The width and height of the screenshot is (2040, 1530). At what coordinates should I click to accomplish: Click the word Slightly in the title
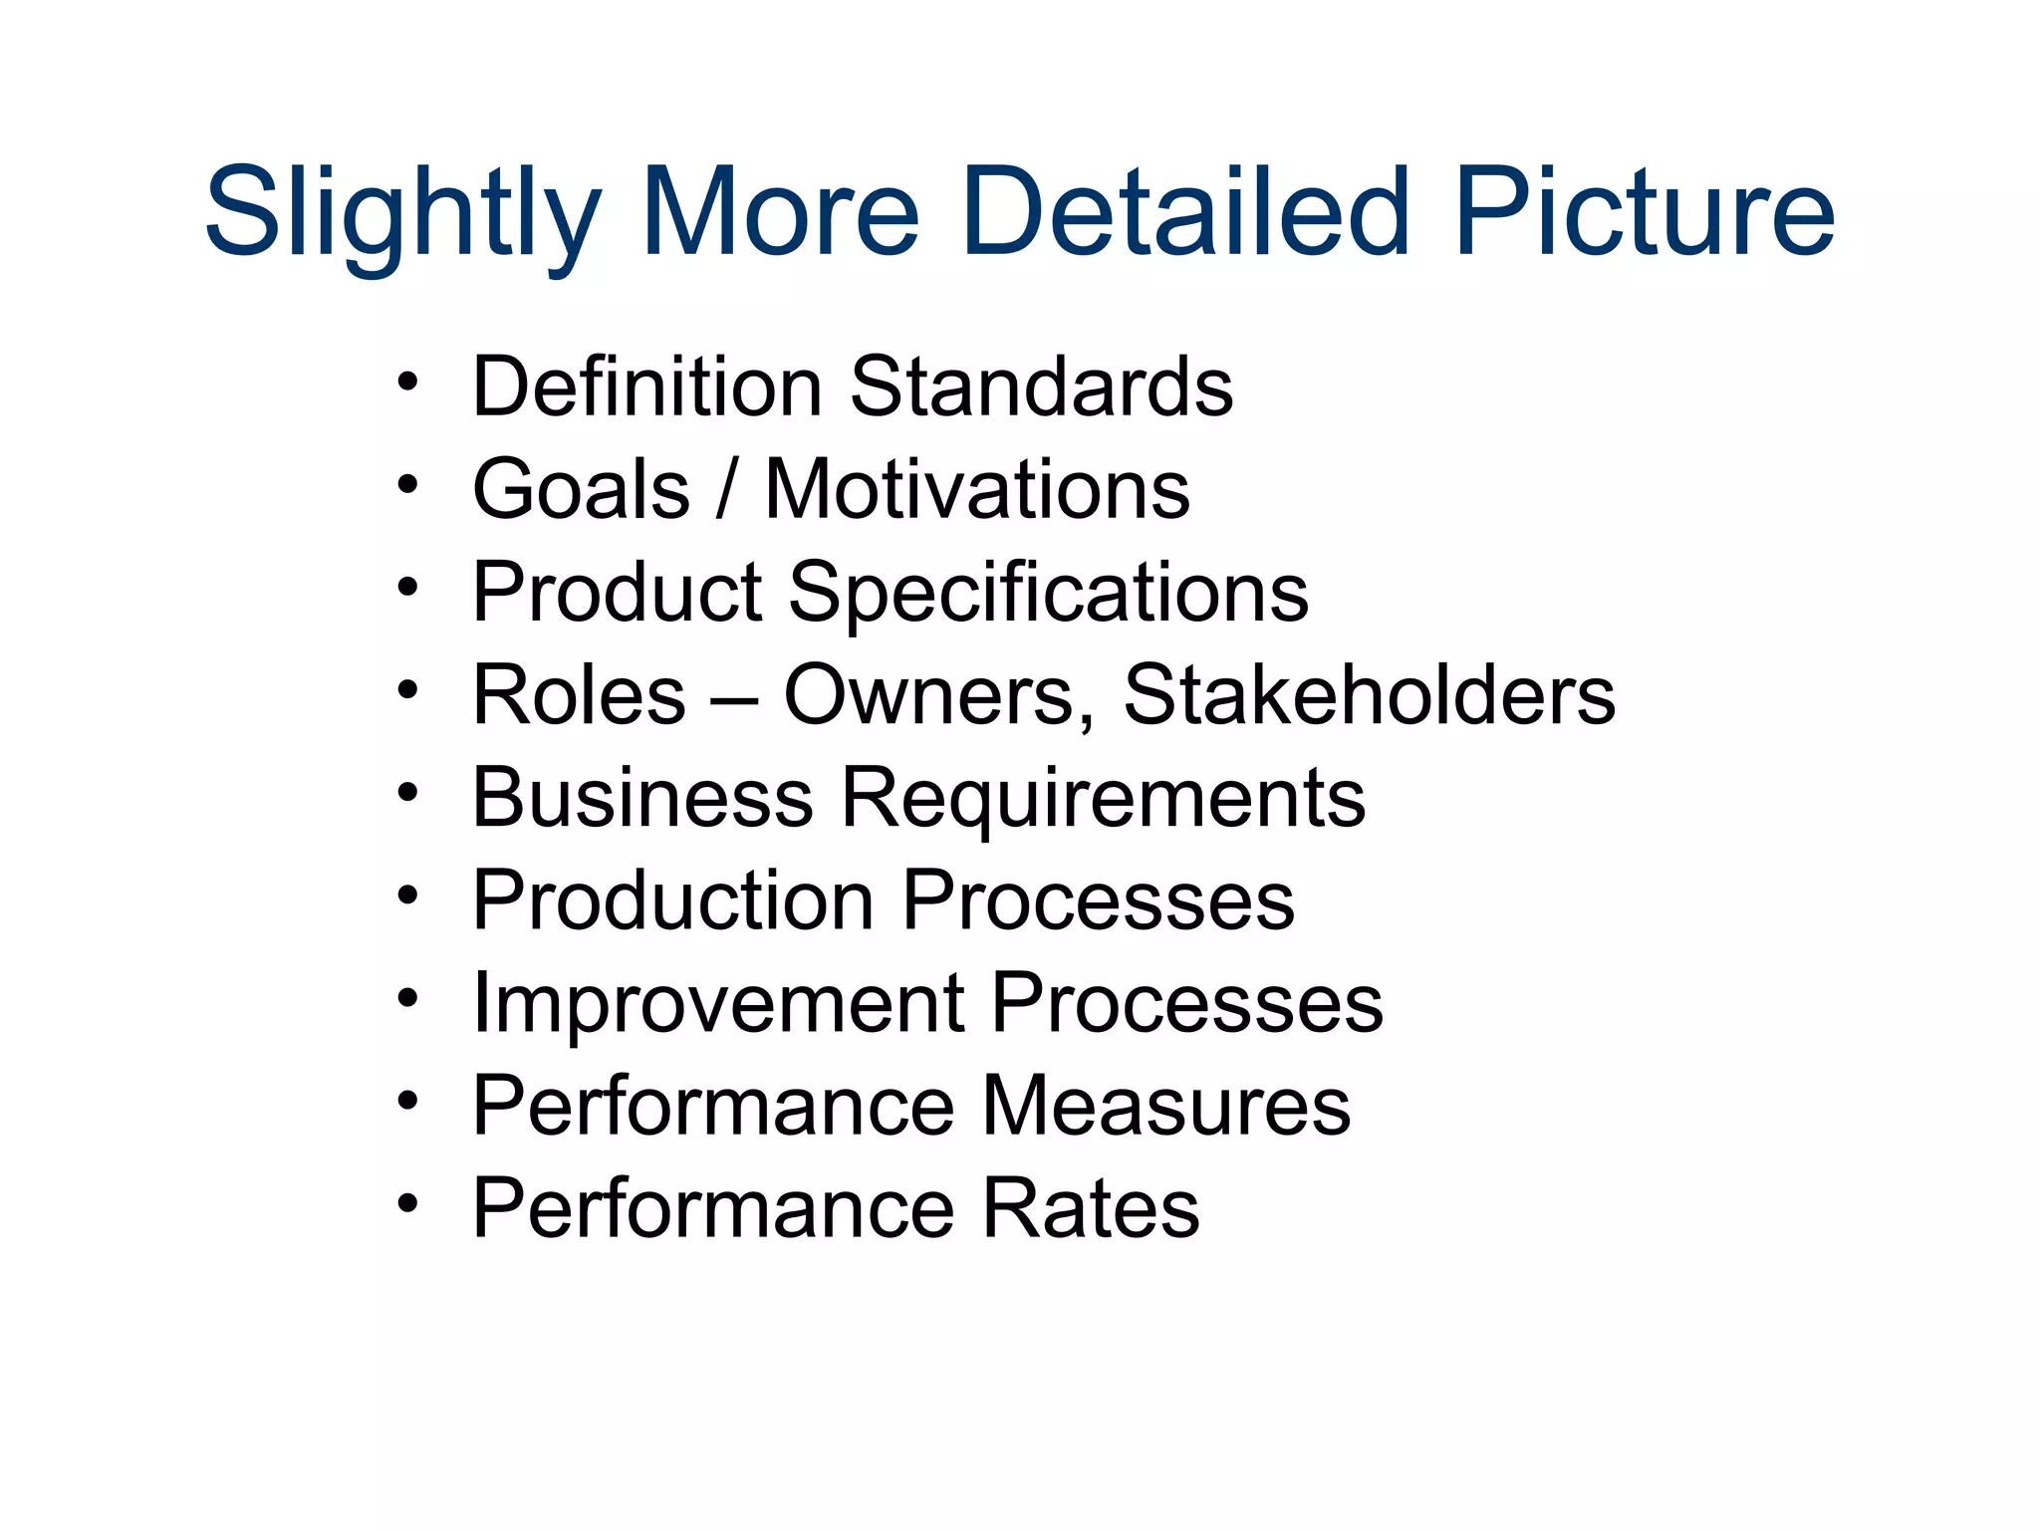(403, 214)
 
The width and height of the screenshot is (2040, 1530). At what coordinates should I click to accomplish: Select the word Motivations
(977, 489)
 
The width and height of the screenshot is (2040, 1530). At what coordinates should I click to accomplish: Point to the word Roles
(579, 694)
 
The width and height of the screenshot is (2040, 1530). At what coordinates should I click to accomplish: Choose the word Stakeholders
(1369, 694)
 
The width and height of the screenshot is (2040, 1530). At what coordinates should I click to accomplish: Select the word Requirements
(1104, 800)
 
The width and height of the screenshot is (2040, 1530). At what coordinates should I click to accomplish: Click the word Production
(672, 900)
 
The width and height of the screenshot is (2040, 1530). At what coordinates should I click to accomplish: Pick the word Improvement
(718, 1004)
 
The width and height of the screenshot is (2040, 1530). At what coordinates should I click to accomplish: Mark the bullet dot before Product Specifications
(406, 588)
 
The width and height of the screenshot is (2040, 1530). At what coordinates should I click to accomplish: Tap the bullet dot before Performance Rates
(406, 1203)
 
